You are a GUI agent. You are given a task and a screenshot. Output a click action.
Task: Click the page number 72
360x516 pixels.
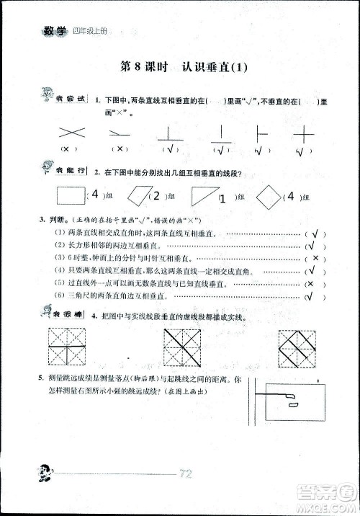(x=184, y=473)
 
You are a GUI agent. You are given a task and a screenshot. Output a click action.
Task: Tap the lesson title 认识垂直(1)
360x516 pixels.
(x=215, y=68)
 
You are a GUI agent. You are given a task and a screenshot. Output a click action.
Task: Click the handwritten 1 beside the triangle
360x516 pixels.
(x=222, y=197)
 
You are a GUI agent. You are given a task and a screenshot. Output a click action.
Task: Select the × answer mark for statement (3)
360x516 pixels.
(x=313, y=258)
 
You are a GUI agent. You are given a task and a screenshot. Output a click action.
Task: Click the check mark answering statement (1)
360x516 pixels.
(x=313, y=233)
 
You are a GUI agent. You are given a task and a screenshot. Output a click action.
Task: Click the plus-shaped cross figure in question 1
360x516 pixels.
(x=305, y=134)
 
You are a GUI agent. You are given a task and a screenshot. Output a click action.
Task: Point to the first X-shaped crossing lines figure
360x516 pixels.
(x=70, y=131)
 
